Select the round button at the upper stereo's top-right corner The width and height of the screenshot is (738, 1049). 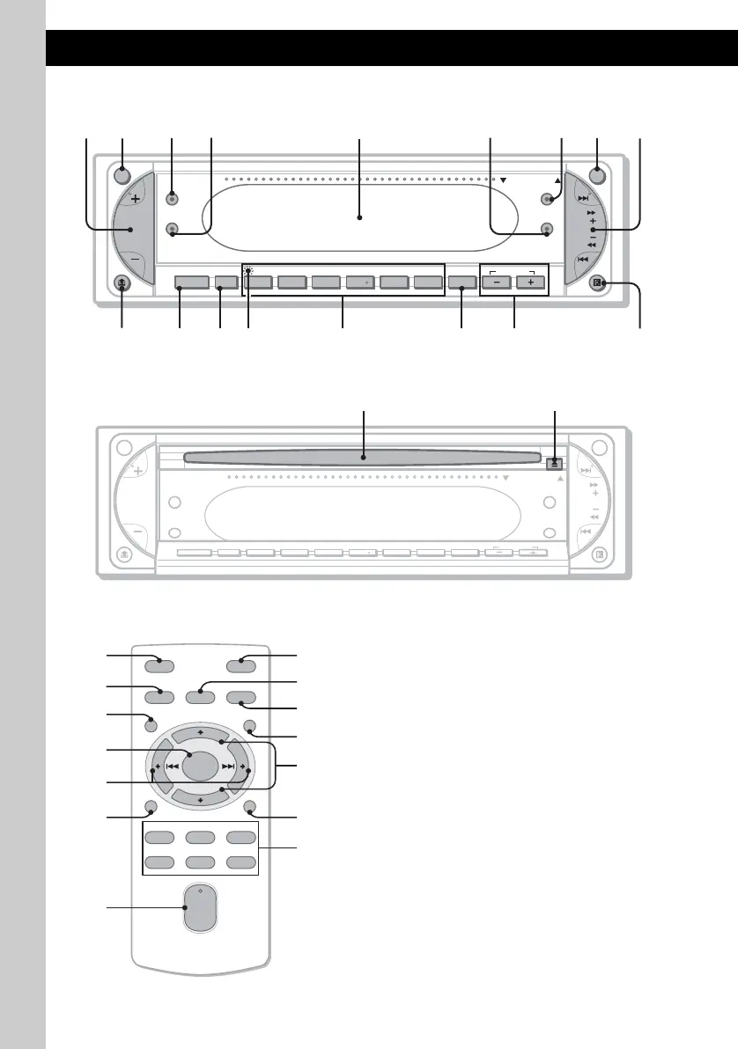click(x=599, y=173)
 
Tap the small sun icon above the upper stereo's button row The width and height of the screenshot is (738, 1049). click(x=249, y=271)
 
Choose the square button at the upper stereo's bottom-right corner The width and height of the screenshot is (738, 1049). click(x=598, y=283)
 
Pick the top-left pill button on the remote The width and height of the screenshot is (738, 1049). click(x=160, y=665)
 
